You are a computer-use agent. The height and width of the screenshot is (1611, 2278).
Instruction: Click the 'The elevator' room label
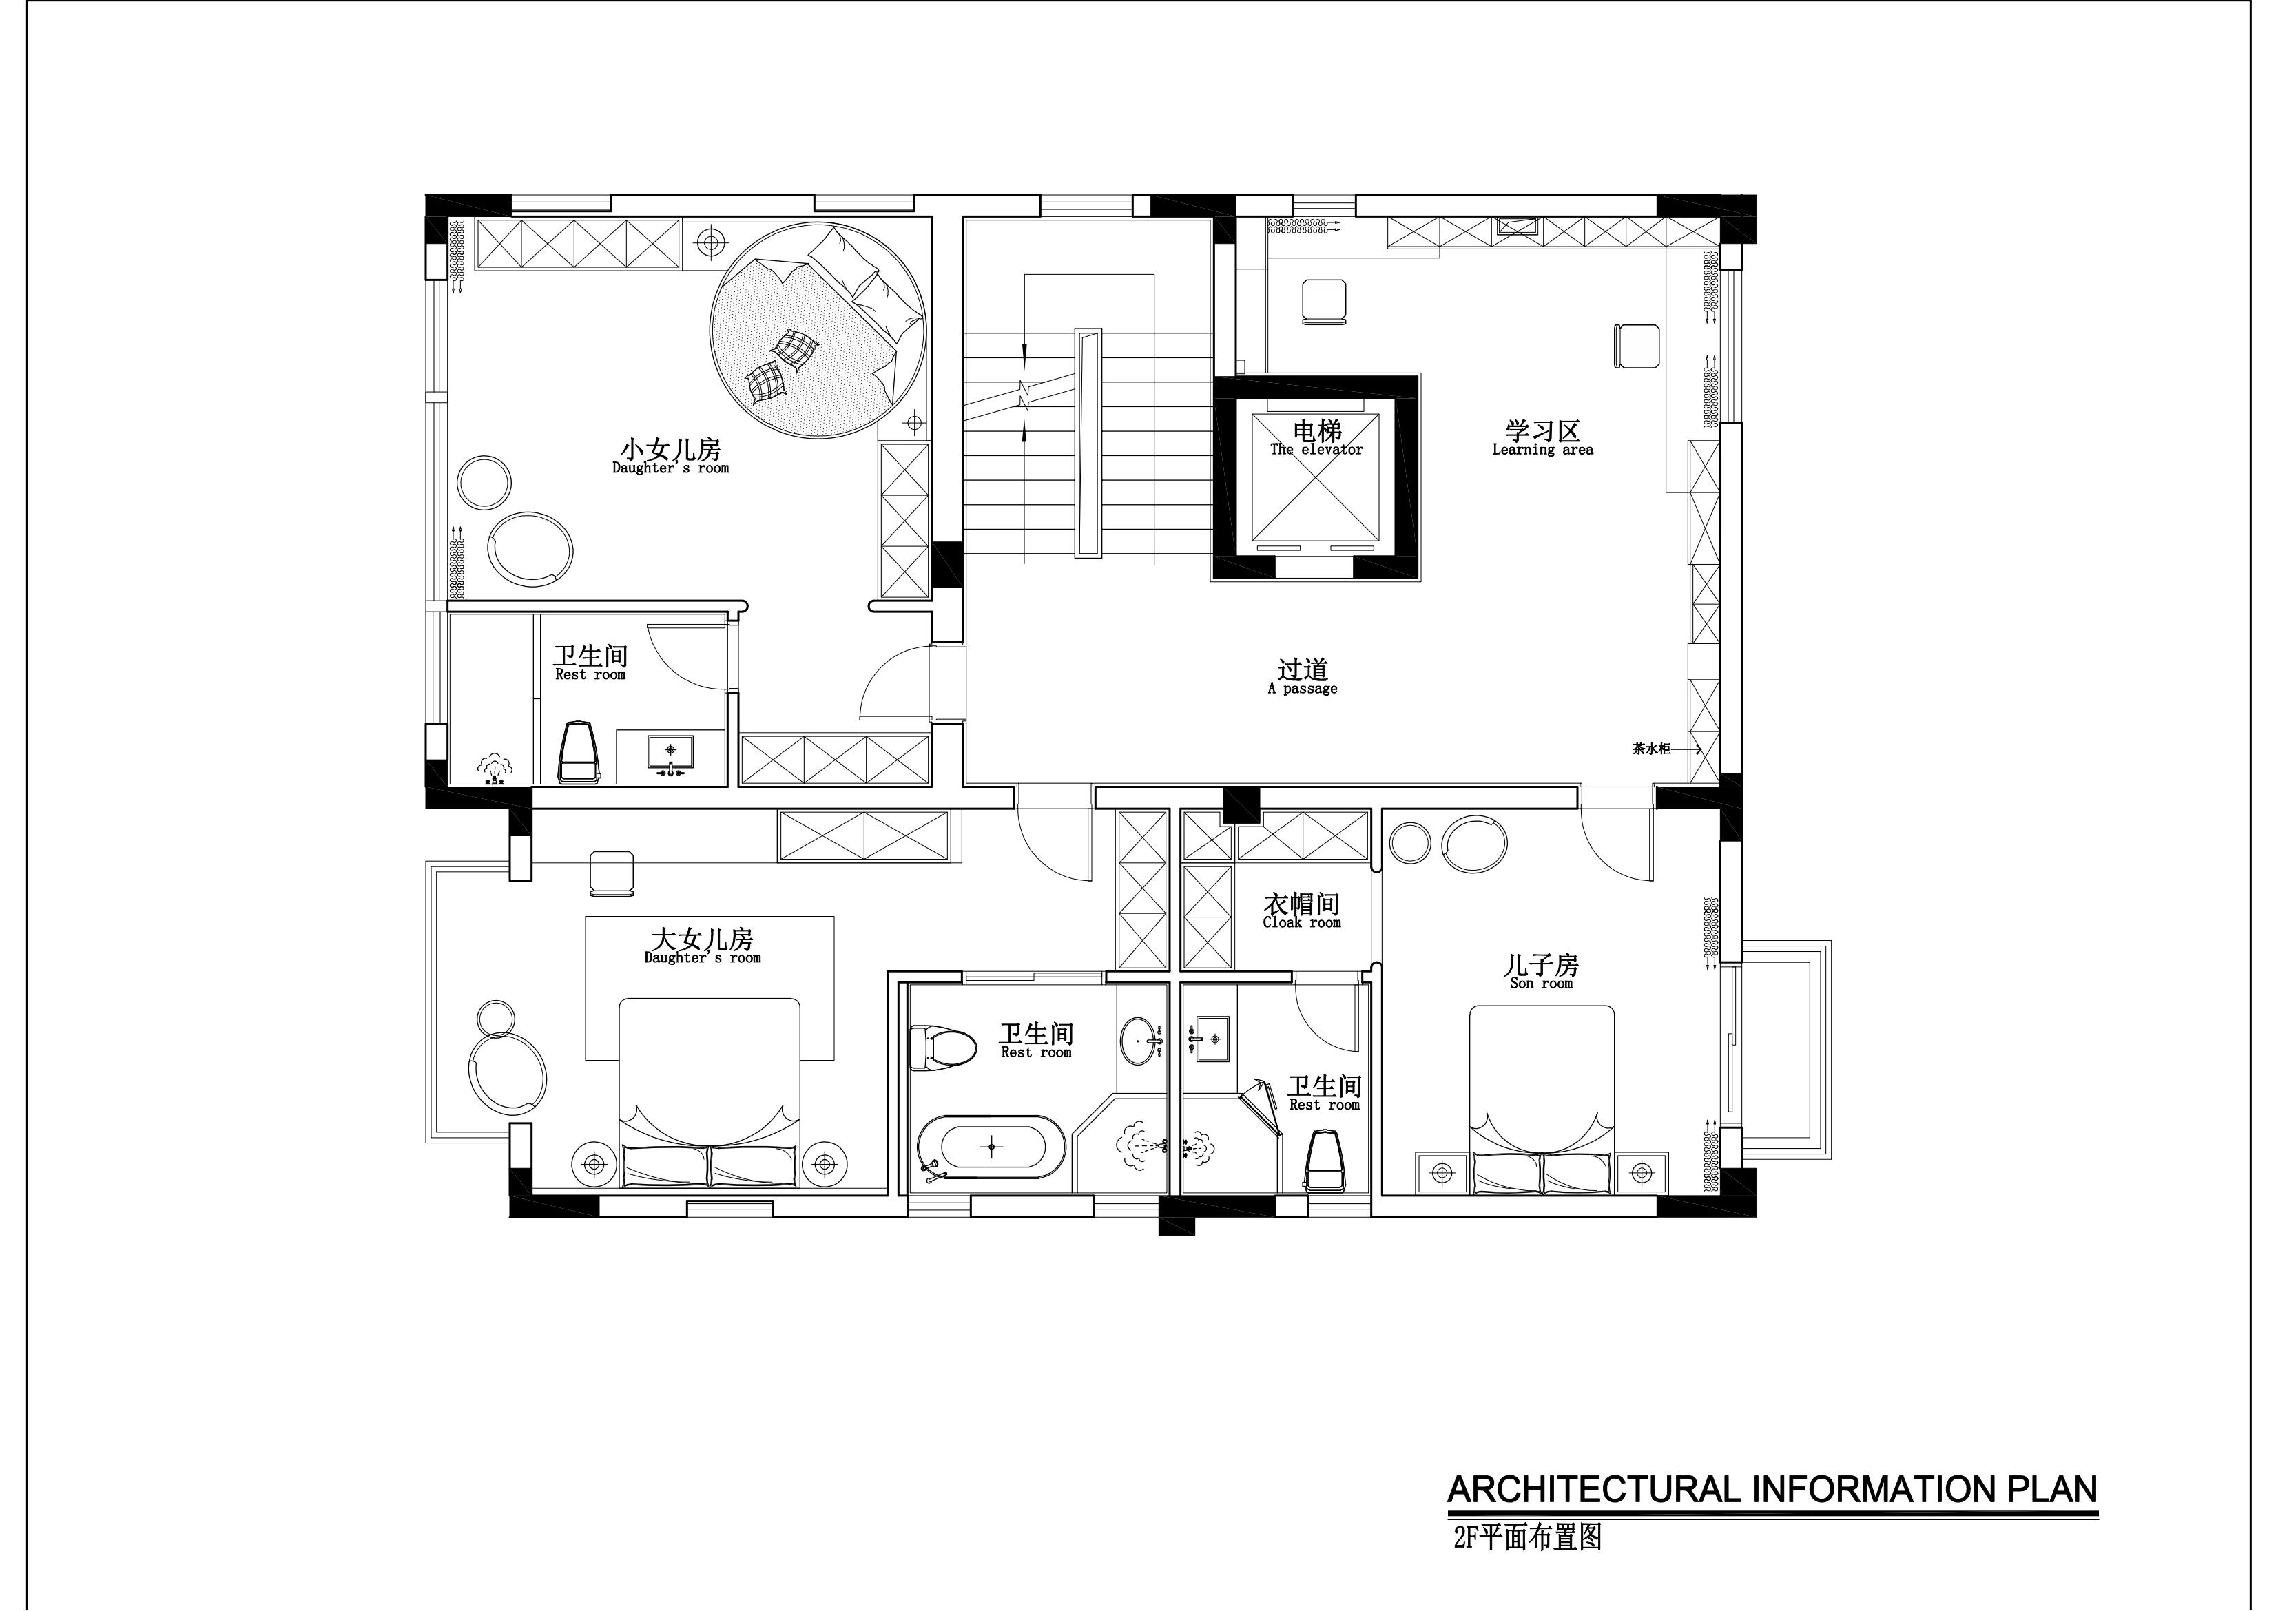click(x=1316, y=449)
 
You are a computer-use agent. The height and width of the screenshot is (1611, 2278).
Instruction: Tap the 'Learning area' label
click(x=1543, y=449)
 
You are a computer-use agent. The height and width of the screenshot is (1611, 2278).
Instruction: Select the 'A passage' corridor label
click(x=1303, y=689)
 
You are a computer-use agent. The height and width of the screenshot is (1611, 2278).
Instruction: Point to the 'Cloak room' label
click(x=1302, y=922)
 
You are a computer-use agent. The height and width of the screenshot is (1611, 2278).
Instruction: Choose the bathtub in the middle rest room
click(x=991, y=1147)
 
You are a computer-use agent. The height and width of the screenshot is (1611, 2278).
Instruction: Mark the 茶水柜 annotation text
click(x=1651, y=749)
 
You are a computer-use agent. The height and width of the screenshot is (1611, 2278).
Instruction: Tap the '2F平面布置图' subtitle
click(x=1527, y=1566)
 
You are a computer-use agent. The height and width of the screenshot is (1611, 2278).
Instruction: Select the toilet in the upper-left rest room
click(x=581, y=753)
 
